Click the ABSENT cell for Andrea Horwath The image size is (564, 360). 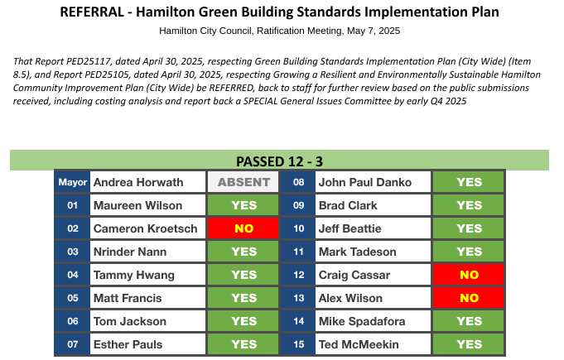point(243,182)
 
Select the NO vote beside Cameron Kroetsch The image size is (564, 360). point(243,228)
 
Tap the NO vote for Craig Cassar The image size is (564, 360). point(469,275)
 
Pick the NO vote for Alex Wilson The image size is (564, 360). point(469,298)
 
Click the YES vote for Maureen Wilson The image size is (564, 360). point(243,205)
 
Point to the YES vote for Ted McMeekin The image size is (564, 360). point(469,344)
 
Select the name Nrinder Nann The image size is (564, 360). point(130,252)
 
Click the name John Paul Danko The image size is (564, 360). point(365,182)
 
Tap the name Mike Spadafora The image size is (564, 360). point(362,321)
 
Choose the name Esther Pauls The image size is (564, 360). point(128,344)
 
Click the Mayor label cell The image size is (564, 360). point(72,182)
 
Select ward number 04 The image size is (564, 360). point(72,275)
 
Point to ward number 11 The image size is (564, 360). point(298,252)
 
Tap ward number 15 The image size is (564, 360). point(298,344)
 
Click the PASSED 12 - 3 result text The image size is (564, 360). point(279,161)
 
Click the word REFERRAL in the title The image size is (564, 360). point(92,12)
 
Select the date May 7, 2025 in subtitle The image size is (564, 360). point(374,31)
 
